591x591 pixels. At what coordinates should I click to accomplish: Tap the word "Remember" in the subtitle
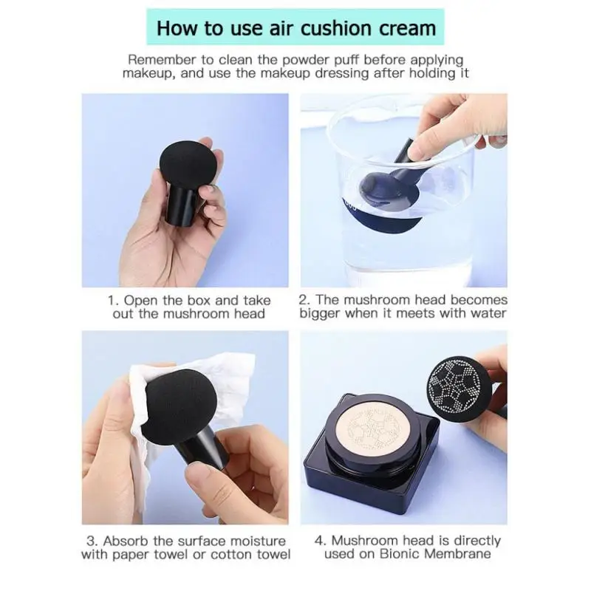162,60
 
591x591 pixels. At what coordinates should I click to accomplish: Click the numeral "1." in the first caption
114,301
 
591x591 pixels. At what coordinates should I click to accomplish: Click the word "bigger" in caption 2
320,313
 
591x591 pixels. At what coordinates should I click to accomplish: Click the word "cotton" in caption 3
232,555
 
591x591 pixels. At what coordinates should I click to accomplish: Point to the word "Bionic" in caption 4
400,553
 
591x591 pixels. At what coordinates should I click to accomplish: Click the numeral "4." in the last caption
321,541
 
